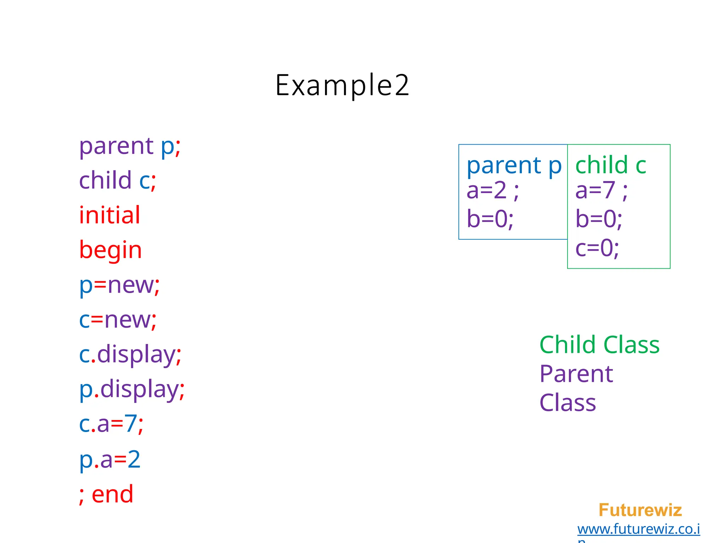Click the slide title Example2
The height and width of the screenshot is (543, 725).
[342, 86]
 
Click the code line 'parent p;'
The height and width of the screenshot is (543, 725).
[130, 146]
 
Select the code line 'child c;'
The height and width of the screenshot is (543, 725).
[118, 181]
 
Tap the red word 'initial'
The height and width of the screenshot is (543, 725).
[110, 215]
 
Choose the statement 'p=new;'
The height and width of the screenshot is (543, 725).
[119, 285]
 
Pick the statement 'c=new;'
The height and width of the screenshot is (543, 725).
[118, 320]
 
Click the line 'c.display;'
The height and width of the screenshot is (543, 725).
[130, 355]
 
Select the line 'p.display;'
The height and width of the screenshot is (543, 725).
[132, 390]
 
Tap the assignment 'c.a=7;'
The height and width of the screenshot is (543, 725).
[111, 424]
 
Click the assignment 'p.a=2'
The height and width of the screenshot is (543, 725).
[110, 459]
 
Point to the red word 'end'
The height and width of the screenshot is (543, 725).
[112, 494]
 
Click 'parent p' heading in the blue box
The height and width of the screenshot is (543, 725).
[514, 165]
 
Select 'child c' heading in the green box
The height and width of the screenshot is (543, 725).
[611, 165]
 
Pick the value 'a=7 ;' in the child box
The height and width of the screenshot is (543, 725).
[601, 191]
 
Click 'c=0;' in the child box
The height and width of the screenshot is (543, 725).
[597, 248]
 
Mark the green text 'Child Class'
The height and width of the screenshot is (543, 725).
[599, 345]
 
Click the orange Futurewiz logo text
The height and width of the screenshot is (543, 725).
[640, 510]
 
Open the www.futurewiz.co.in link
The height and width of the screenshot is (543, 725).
[639, 529]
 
